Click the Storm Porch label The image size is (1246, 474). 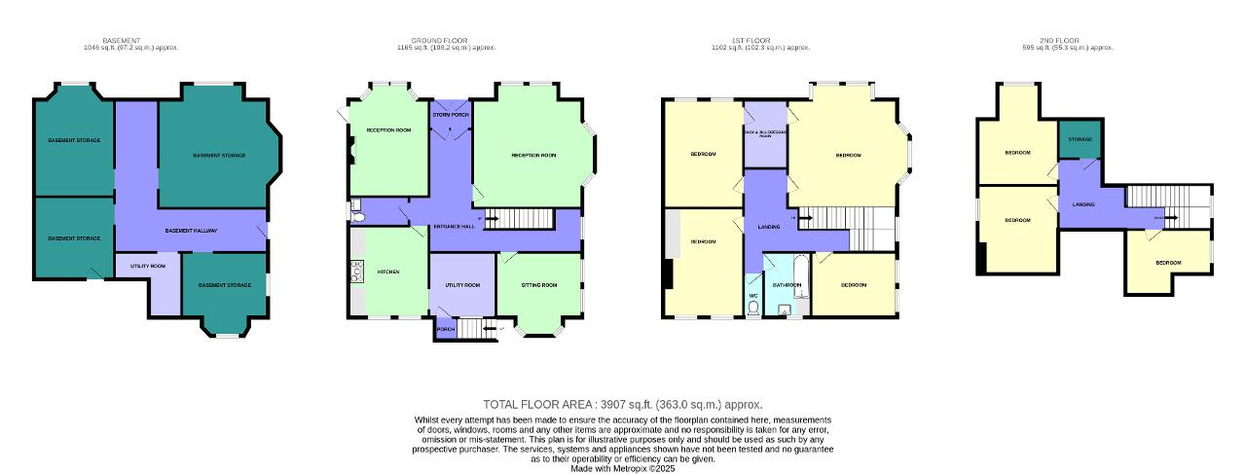(x=451, y=115)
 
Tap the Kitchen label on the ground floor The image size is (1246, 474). (x=388, y=272)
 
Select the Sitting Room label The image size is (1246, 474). (x=539, y=285)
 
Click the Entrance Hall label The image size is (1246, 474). (x=455, y=227)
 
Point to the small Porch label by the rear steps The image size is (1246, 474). (x=446, y=330)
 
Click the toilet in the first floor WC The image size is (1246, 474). (x=753, y=308)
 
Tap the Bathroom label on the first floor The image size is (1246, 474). (x=787, y=285)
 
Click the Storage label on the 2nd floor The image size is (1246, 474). (x=1080, y=139)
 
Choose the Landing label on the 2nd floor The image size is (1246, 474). (x=1083, y=204)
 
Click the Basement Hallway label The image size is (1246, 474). (x=191, y=231)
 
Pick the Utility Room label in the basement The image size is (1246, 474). (x=148, y=266)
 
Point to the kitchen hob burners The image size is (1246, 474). (x=356, y=272)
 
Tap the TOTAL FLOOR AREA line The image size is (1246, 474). (x=622, y=404)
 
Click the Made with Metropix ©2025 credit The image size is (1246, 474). (x=622, y=468)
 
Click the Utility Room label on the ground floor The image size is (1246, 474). (x=462, y=285)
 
